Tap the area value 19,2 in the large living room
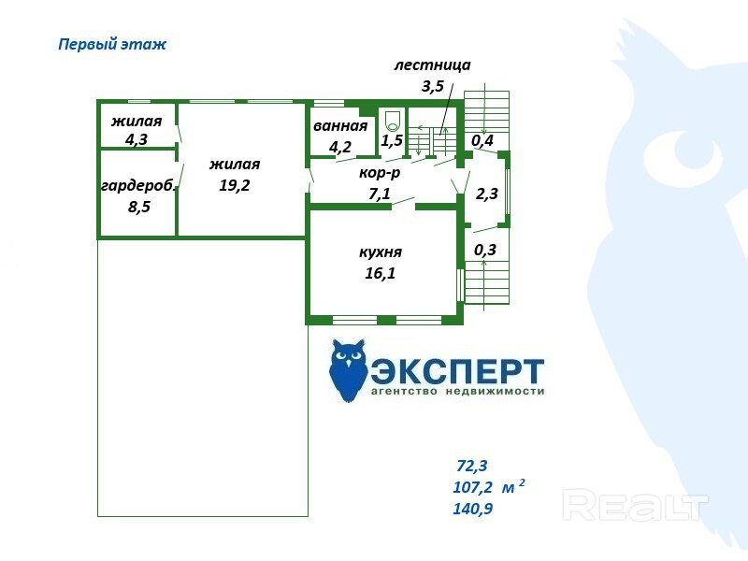pyautogui.click(x=234, y=185)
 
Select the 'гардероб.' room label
pyautogui.click(x=138, y=185)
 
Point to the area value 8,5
pyautogui.click(x=138, y=207)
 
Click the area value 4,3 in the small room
pyautogui.click(x=137, y=140)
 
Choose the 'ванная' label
pyautogui.click(x=340, y=126)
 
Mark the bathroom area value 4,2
pyautogui.click(x=340, y=147)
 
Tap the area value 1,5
pyautogui.click(x=392, y=141)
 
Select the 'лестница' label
pyautogui.click(x=432, y=65)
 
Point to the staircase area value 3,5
pyautogui.click(x=432, y=87)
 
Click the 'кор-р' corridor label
pyautogui.click(x=380, y=174)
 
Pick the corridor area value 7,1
pyautogui.click(x=380, y=194)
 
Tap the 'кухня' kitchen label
pyautogui.click(x=381, y=252)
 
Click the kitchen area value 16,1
pyautogui.click(x=381, y=273)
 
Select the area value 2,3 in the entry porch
pyautogui.click(x=487, y=195)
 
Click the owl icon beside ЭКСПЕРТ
pyautogui.click(x=348, y=370)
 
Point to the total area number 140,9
pyautogui.click(x=473, y=510)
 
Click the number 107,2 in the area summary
pyautogui.click(x=472, y=487)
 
